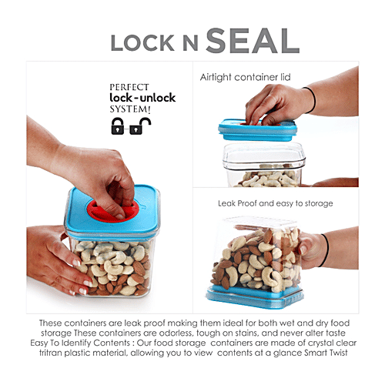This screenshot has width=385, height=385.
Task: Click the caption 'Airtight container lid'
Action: coord(245,78)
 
